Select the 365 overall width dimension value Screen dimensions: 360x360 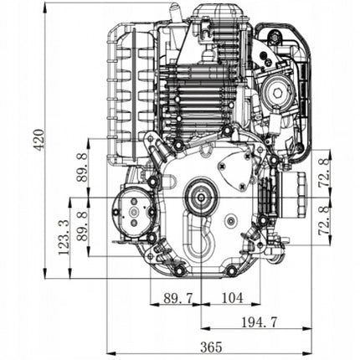211,347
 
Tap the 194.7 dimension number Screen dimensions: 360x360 260,322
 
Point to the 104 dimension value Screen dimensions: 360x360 232,298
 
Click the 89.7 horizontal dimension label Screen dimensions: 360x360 178,298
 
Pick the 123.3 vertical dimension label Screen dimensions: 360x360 64,238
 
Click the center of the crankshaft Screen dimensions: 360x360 201,198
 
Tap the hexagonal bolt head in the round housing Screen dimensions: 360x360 277,93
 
